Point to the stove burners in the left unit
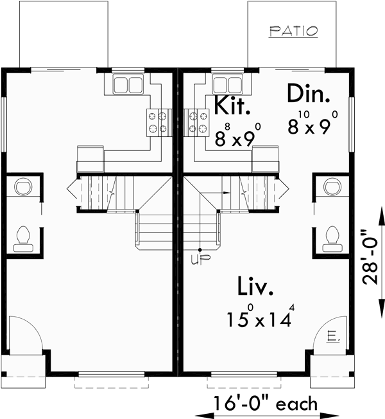pos(158,122)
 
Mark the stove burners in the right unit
pos(197,122)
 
